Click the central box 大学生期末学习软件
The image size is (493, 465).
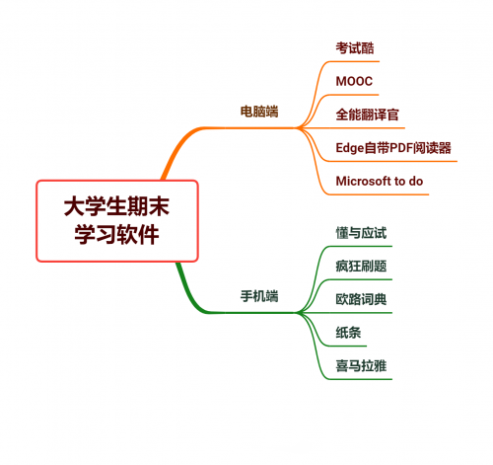pos(117,221)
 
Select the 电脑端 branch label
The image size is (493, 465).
pos(259,112)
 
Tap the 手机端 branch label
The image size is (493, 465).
pos(259,296)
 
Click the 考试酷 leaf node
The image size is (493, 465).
pos(355,48)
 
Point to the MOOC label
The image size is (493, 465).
pos(354,81)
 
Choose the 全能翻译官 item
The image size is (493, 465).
pos(367,115)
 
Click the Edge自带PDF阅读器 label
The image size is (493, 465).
pos(393,148)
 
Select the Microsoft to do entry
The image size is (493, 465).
pos(380,181)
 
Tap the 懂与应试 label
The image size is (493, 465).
pos(361,233)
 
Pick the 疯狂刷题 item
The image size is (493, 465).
pos(361,266)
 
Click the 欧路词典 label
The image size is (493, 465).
pos(361,299)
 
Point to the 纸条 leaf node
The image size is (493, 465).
pos(348,333)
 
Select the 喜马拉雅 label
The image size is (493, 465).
pos(361,365)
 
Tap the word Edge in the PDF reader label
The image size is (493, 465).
pos(350,148)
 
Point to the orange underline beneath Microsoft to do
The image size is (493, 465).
pos(378,194)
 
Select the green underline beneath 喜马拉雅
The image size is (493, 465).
pos(360,379)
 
